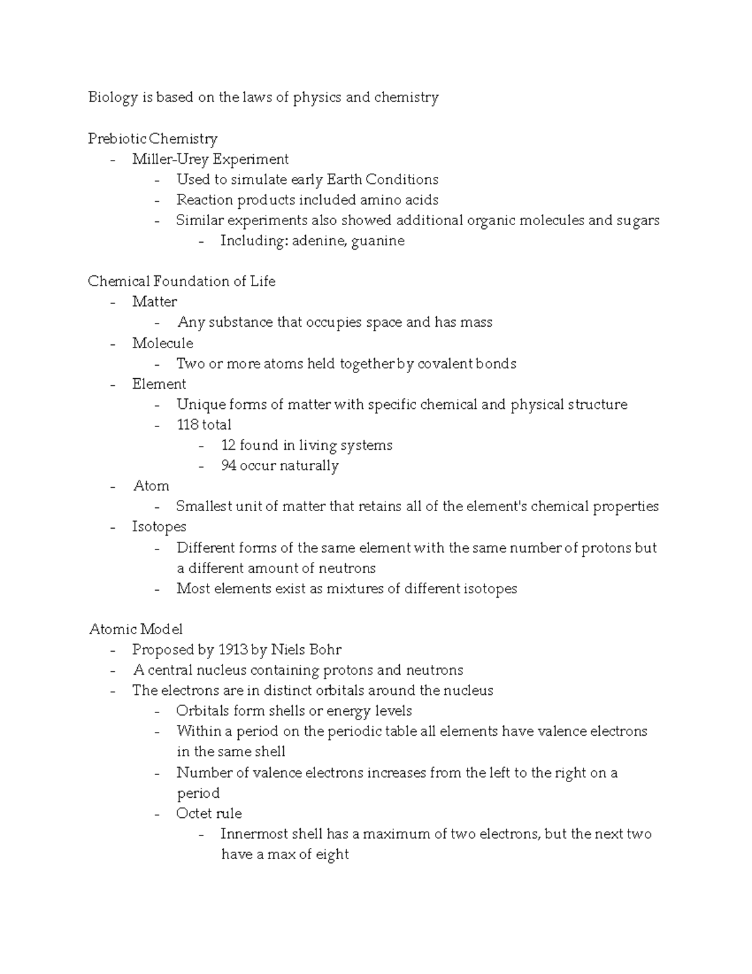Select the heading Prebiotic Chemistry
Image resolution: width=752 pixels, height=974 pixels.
coord(152,139)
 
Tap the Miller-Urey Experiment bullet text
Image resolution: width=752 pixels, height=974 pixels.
coord(210,159)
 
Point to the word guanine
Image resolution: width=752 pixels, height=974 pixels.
coord(378,241)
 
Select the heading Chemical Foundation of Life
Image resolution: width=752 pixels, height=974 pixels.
coord(181,282)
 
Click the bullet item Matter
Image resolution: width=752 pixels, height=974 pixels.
coord(154,302)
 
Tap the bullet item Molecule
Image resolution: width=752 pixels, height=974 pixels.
coord(162,343)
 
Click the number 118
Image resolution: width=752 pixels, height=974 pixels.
coord(187,425)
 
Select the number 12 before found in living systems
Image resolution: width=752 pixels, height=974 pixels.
coord(228,445)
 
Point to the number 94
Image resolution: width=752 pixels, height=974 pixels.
coord(229,466)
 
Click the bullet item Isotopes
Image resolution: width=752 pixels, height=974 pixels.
coord(159,527)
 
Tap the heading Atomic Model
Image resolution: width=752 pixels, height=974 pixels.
coord(135,629)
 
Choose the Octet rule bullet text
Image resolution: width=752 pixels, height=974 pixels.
coord(209,813)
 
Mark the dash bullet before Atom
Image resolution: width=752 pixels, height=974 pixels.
coord(113,487)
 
